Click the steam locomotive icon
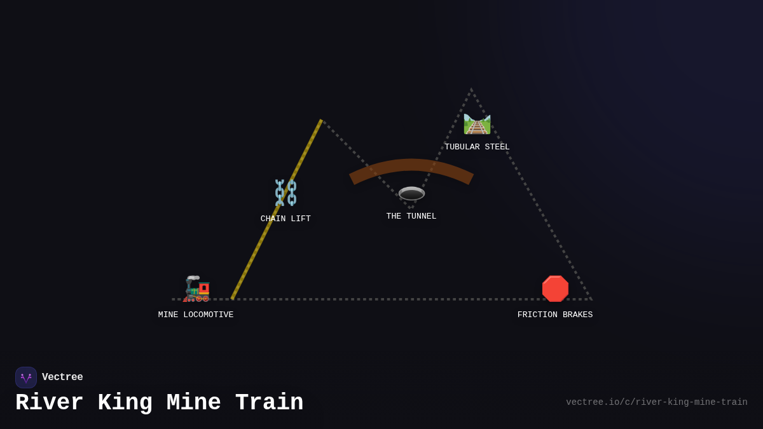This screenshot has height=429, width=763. click(196, 289)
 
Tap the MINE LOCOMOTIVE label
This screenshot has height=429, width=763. click(196, 315)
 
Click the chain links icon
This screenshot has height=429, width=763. click(285, 193)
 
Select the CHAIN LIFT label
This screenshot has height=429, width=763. click(285, 219)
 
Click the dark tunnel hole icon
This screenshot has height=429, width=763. click(411, 193)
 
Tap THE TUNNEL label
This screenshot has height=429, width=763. click(411, 216)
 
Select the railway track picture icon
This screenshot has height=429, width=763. click(477, 124)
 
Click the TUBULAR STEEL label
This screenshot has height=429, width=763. click(477, 147)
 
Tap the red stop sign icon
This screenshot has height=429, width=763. click(555, 289)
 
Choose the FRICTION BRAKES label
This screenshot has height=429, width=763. click(555, 315)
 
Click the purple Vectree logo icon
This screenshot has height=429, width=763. click(26, 378)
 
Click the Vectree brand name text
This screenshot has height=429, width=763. click(62, 378)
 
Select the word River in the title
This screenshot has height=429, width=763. click(50, 403)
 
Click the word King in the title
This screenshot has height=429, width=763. click(125, 403)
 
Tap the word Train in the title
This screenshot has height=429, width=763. click(269, 403)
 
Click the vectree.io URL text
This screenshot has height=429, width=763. click(656, 402)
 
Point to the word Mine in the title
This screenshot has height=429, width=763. click(194, 403)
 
